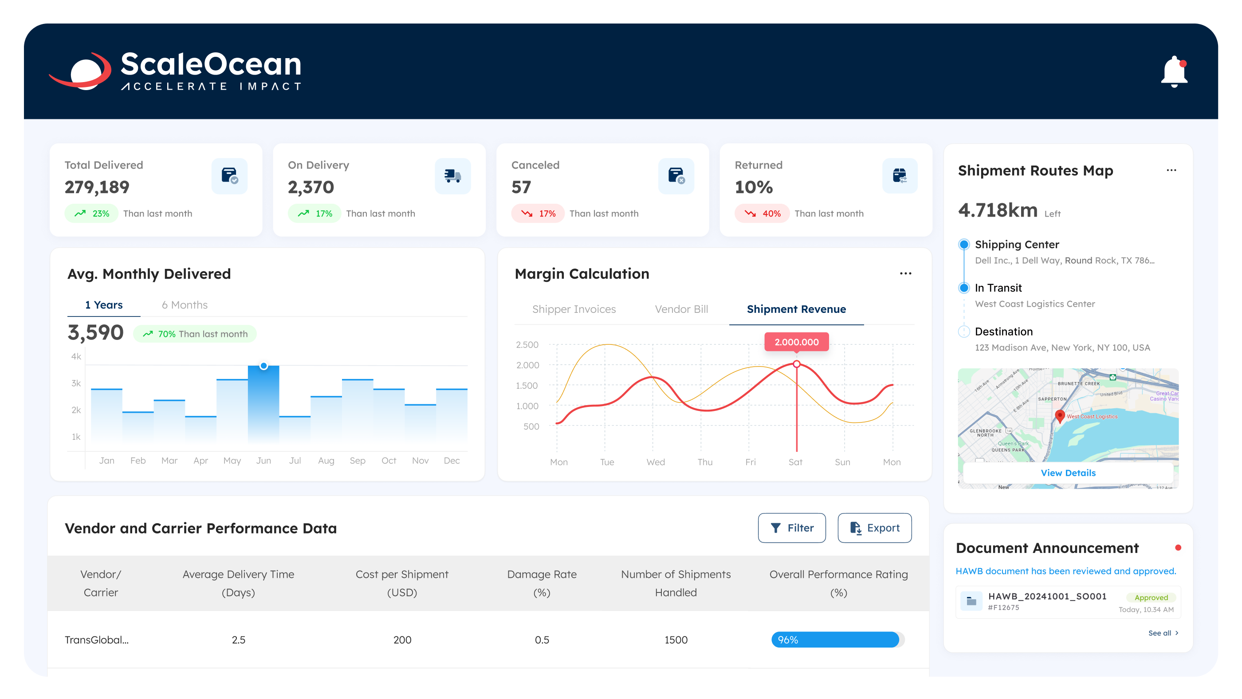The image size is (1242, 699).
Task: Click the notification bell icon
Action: [x=1174, y=72]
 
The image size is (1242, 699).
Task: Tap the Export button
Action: [x=874, y=528]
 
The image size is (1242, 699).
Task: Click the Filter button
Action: [x=791, y=528]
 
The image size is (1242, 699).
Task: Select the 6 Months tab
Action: [x=184, y=305]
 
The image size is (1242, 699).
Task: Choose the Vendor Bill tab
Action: [x=681, y=309]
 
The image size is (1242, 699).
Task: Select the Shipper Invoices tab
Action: [x=574, y=309]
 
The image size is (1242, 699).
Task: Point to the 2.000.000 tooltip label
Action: [x=796, y=342]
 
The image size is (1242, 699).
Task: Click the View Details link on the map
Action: [x=1068, y=473]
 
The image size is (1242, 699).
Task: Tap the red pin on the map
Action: [x=1059, y=415]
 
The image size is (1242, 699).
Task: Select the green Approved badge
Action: [x=1151, y=597]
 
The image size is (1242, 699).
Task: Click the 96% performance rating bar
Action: [x=835, y=640]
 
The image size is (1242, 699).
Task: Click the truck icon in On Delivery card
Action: [x=452, y=176]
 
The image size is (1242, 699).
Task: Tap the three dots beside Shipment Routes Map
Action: [x=1171, y=170]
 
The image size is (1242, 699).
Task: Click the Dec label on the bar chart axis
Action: [x=451, y=461]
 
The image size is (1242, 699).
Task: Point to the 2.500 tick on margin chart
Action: [x=527, y=345]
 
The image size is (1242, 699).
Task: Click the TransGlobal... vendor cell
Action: [x=96, y=640]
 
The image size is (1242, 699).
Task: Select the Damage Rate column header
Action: [x=542, y=583]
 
